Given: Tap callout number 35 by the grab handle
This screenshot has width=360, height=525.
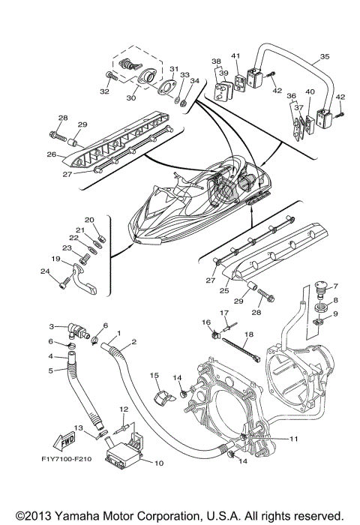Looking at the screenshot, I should coord(324,57).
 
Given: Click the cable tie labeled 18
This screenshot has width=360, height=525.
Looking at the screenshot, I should coord(240,349).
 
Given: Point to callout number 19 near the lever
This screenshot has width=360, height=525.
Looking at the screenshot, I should coord(55,259).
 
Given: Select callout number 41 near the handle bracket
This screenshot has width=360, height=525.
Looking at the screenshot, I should coord(234,55).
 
